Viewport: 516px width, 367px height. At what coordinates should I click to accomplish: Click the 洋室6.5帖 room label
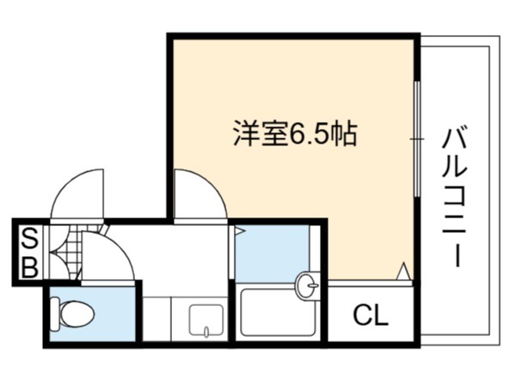pos(295,134)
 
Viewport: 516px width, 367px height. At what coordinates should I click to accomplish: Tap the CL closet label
pos(370,315)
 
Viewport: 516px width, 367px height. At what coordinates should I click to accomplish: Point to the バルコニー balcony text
pos(455,198)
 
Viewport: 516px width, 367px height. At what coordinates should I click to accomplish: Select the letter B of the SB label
pos(30,266)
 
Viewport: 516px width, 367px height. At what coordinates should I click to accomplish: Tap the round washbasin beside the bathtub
pos(307,285)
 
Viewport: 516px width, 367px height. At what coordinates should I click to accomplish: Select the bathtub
pos(278,312)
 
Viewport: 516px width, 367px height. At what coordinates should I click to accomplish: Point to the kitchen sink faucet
pos(206,332)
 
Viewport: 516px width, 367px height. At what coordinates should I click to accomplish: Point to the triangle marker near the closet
pos(404,272)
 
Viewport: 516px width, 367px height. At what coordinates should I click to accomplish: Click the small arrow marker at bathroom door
pos(239,231)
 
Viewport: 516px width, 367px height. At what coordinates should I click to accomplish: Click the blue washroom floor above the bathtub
pos(272,254)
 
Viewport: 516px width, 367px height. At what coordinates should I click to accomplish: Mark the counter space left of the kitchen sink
pos(157,319)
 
